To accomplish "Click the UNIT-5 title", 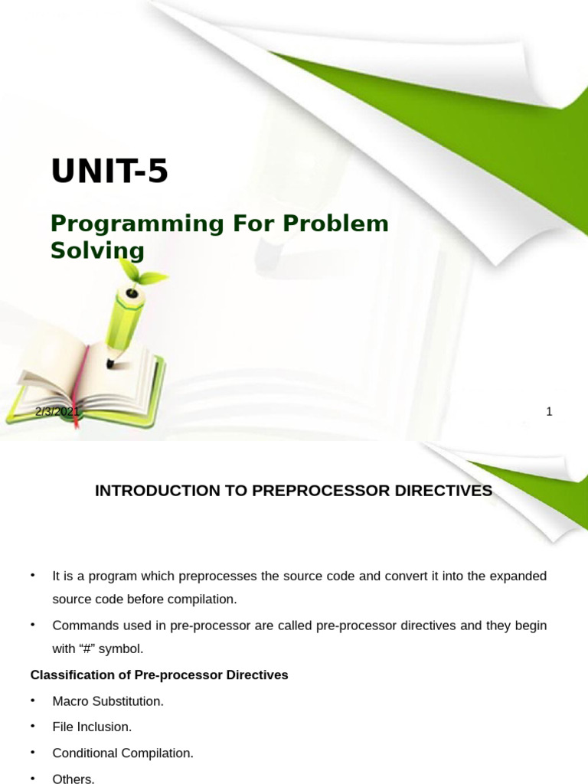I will pyautogui.click(x=109, y=171).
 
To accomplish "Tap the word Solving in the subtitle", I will pyautogui.click(x=97, y=250).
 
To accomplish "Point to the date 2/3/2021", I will pyautogui.click(x=57, y=412).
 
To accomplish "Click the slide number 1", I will pyautogui.click(x=549, y=412).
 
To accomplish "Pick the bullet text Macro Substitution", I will pyautogui.click(x=108, y=701).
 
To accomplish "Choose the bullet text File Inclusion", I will pyautogui.click(x=92, y=727).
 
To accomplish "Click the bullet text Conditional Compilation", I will pyautogui.click(x=122, y=753).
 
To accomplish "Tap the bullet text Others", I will pyautogui.click(x=73, y=779).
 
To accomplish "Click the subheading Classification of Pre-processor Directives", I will pyautogui.click(x=159, y=675).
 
